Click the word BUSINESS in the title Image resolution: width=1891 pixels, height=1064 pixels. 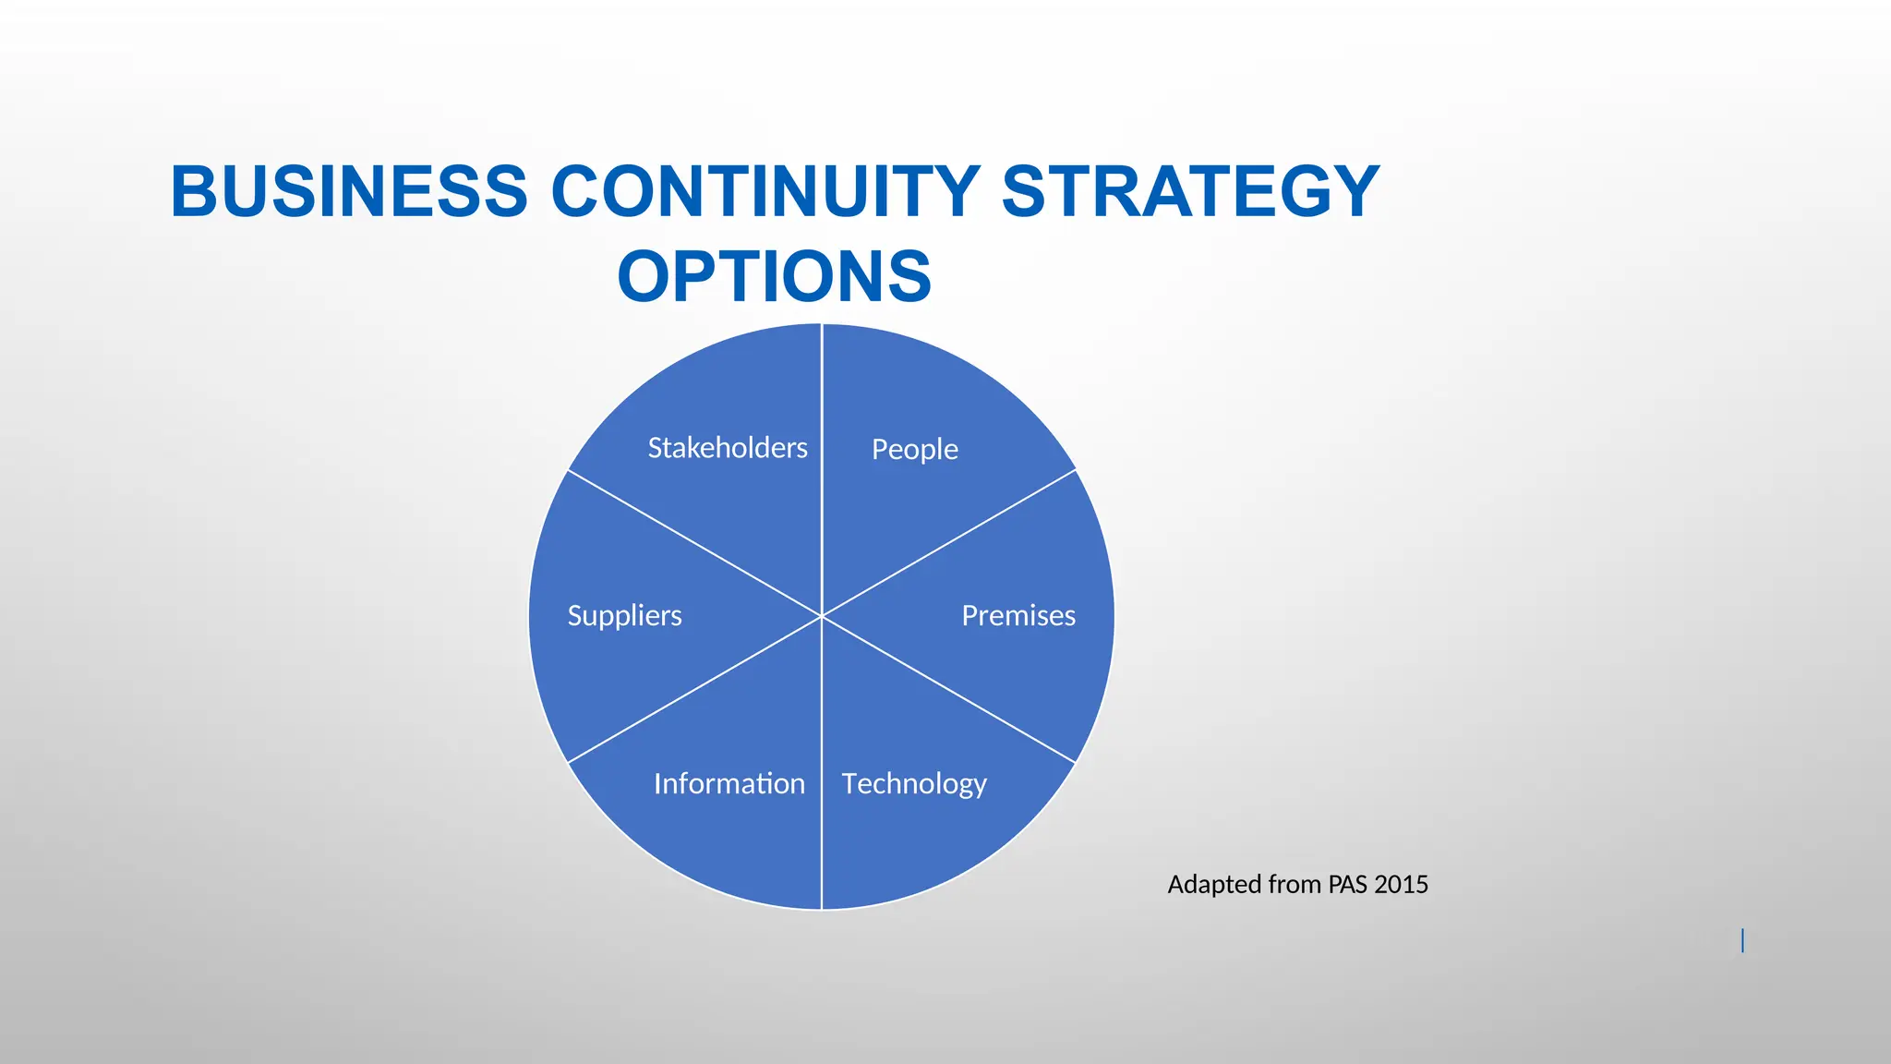point(349,192)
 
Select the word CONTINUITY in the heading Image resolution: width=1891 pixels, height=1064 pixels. point(765,192)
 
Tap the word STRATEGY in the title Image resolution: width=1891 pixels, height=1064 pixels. point(1190,192)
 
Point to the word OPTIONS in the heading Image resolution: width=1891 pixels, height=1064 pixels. point(774,276)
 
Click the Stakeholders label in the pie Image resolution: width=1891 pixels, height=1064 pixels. point(728,448)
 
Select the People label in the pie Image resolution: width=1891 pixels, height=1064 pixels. point(914,450)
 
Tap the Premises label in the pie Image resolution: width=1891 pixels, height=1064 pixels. point(1018,616)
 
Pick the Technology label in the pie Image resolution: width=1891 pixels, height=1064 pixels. point(914,784)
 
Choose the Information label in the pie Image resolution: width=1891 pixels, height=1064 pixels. point(729,784)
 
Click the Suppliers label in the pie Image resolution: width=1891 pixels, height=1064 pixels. point(624,616)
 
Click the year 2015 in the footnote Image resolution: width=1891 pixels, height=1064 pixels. point(1401,885)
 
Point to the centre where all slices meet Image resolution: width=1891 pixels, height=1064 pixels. point(821,616)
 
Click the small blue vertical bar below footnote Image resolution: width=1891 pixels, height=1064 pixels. point(1742,940)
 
